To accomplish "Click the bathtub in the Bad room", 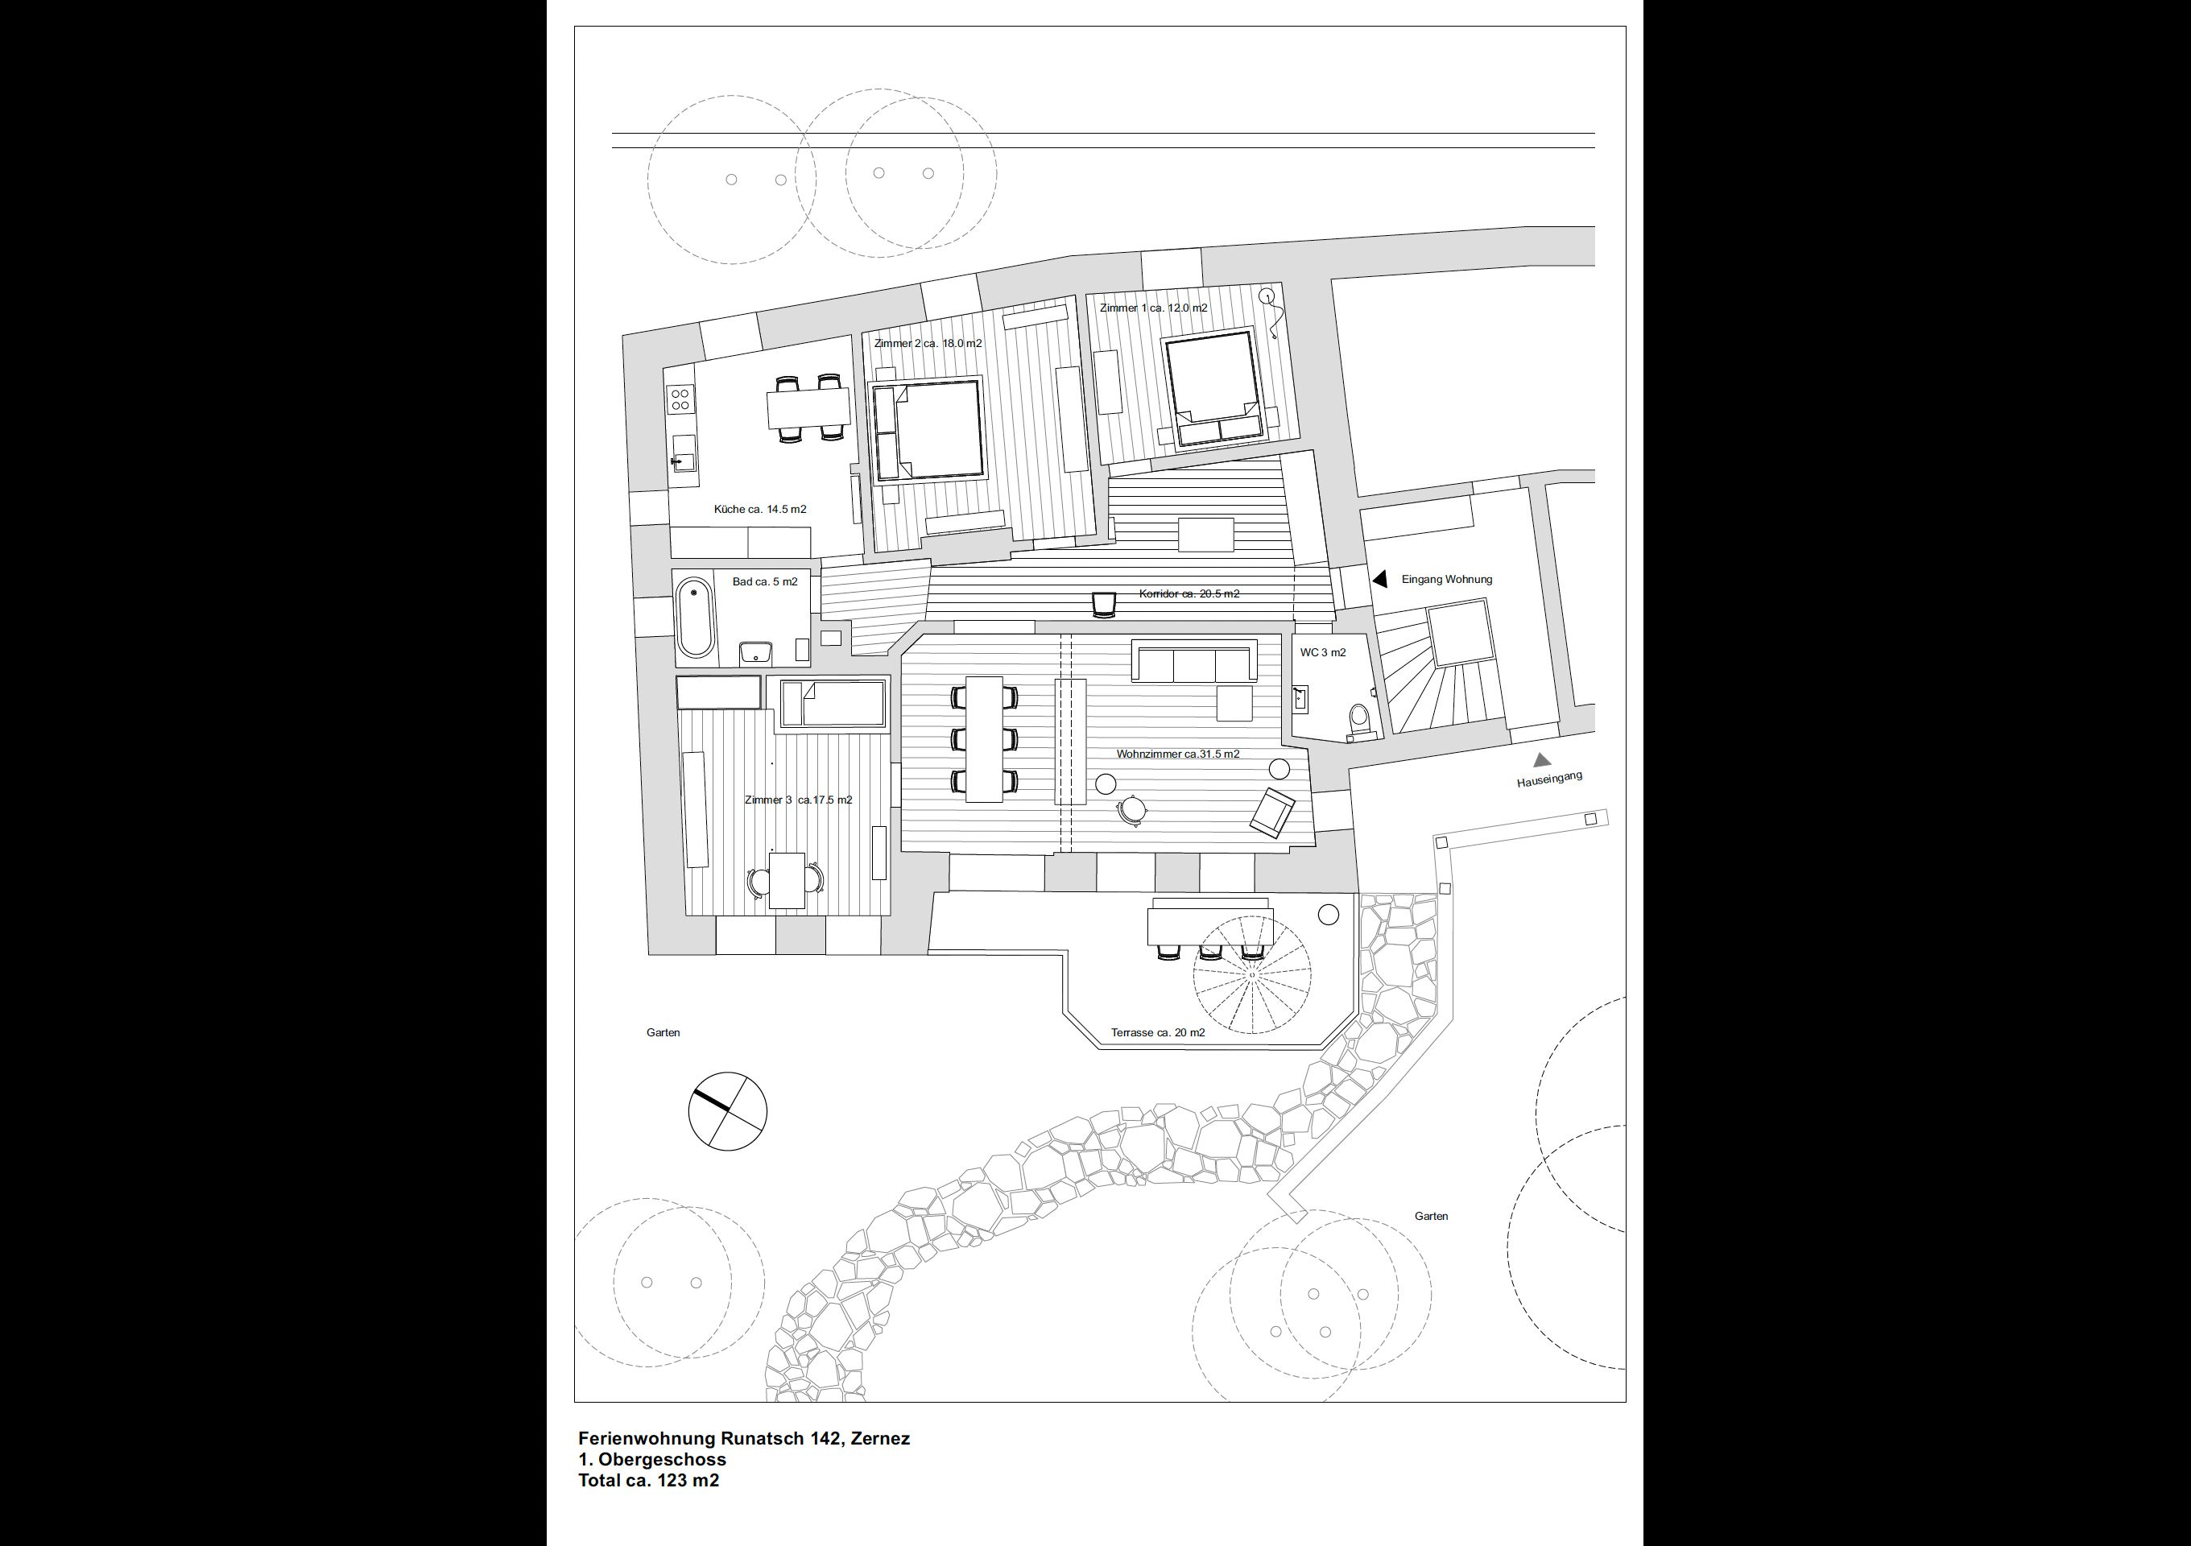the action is pyautogui.click(x=694, y=618).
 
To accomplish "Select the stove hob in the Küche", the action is pyautogui.click(x=680, y=398).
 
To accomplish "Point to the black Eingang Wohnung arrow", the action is pyautogui.click(x=1380, y=579).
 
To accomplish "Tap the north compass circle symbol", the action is pyautogui.click(x=727, y=1111).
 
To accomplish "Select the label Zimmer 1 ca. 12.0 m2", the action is pyautogui.click(x=1154, y=308).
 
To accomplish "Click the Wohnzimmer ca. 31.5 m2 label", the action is pyautogui.click(x=1177, y=754).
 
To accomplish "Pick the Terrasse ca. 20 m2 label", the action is pyautogui.click(x=1158, y=1032).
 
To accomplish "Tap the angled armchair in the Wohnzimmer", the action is pyautogui.click(x=1272, y=812).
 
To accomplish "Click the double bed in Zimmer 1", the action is pyautogui.click(x=1212, y=387).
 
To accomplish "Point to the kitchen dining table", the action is pyautogui.click(x=808, y=408).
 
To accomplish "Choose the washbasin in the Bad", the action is pyautogui.click(x=756, y=653).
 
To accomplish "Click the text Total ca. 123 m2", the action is pyautogui.click(x=649, y=1480).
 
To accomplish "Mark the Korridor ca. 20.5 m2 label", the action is pyautogui.click(x=1189, y=593).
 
